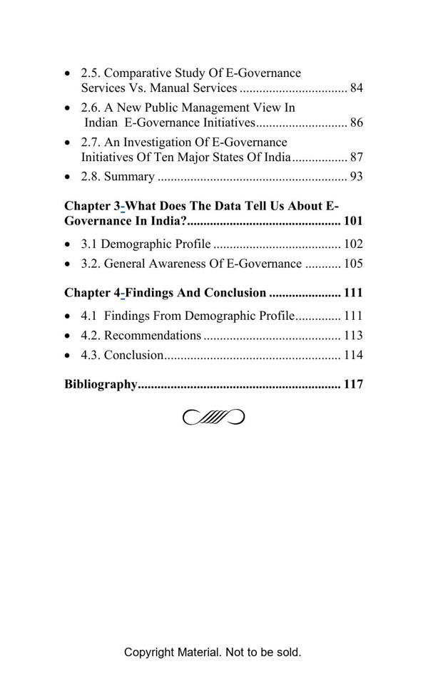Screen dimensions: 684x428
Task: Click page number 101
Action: pyautogui.click(x=353, y=221)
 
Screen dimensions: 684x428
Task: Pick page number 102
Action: pyautogui.click(x=353, y=244)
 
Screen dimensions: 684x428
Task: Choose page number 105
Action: pyautogui.click(x=353, y=264)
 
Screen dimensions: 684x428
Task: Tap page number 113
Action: pyautogui.click(x=353, y=336)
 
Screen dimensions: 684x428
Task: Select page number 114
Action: pyautogui.click(x=353, y=356)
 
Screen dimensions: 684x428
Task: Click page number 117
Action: pyautogui.click(x=353, y=385)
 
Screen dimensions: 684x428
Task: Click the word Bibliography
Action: pyautogui.click(x=101, y=385)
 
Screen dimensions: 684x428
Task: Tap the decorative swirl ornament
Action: pyautogui.click(x=214, y=417)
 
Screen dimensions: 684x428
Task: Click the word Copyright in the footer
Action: pyautogui.click(x=148, y=652)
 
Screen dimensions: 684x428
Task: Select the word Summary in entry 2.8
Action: pyautogui.click(x=129, y=177)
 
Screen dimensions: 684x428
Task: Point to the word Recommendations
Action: pyautogui.click(x=153, y=336)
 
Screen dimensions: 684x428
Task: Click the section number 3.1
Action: pyautogui.click(x=89, y=244)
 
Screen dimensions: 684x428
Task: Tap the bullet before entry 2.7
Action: pyautogui.click(x=68, y=143)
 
